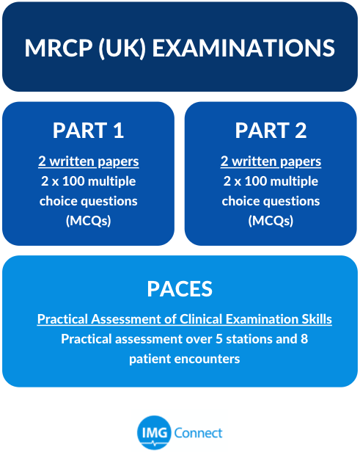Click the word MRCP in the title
point(59,48)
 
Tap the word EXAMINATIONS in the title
point(243,48)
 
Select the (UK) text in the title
point(122,48)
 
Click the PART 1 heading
point(88,131)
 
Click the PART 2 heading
point(271,131)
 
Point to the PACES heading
point(180,289)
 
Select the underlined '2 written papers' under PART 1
point(89,161)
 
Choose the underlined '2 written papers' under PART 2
point(271,161)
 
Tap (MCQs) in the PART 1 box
point(89,221)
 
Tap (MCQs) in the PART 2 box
point(271,221)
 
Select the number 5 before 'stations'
point(219,339)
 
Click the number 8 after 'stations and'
point(304,339)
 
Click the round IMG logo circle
point(155,433)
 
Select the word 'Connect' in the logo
point(198,433)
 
